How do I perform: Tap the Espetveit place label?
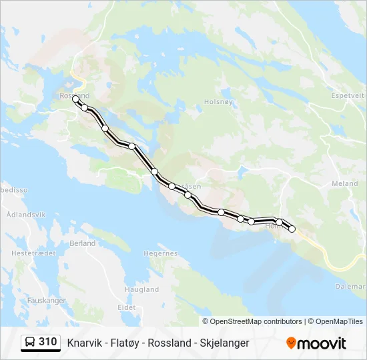click(348, 95)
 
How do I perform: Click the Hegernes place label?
click(161, 253)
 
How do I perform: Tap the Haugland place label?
click(142, 289)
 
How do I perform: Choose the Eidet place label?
click(126, 307)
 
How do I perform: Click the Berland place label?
click(83, 243)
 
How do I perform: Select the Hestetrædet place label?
click(31, 253)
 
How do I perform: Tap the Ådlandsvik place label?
click(25, 215)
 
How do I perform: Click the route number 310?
click(47, 342)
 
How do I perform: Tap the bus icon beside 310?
click(30, 343)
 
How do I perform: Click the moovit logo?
click(316, 343)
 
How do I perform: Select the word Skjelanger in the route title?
click(224, 343)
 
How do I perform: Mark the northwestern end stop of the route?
click(76, 99)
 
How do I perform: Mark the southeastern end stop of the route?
click(292, 229)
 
